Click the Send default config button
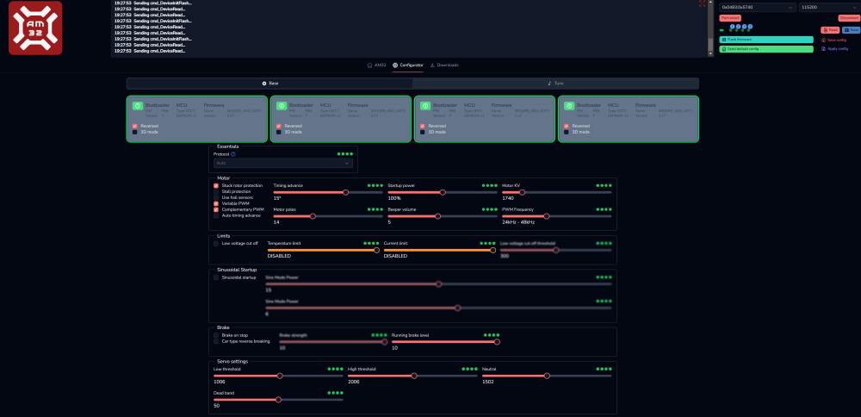click(766, 49)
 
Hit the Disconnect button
click(849, 17)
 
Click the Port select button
click(730, 17)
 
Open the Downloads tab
click(444, 65)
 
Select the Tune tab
click(555, 84)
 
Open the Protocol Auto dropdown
click(283, 162)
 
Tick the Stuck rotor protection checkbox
click(216, 185)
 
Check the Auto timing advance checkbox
click(216, 215)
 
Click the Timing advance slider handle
click(346, 192)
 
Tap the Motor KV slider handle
click(522, 192)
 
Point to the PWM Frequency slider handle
click(546, 216)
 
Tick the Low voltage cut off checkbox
click(216, 243)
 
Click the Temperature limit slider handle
click(376, 250)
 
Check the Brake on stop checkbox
click(216, 335)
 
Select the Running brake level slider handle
click(496, 341)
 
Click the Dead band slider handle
click(278, 400)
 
